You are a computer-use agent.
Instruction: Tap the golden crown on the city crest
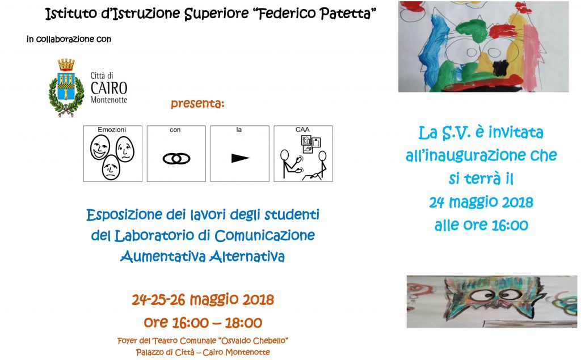66,65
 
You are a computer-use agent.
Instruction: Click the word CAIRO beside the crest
109,88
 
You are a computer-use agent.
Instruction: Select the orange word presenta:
197,103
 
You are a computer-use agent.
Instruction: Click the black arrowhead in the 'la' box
240,158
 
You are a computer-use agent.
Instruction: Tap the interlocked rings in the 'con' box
176,159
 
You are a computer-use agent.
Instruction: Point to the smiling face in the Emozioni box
100,147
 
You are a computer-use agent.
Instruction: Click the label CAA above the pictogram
302,130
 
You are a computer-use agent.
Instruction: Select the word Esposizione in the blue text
124,215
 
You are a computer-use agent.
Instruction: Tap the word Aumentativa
163,256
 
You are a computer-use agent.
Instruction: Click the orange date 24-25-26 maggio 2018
203,299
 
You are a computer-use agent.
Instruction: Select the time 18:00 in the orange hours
243,323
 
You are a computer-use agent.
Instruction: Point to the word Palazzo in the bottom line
150,352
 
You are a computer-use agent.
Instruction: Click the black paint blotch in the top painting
500,67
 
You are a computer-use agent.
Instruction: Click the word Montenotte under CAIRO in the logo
109,100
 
